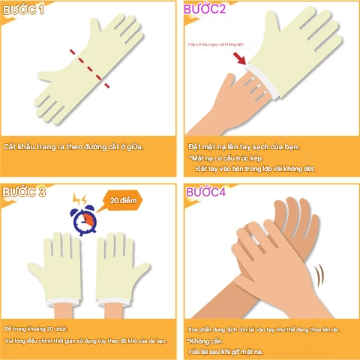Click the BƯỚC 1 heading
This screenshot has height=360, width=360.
pyautogui.click(x=23, y=10)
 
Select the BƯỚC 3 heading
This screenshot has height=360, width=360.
pyautogui.click(x=23, y=193)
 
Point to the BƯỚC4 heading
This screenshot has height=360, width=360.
pyautogui.click(x=205, y=192)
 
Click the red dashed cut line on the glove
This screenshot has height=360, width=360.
pyautogui.click(x=90, y=69)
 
